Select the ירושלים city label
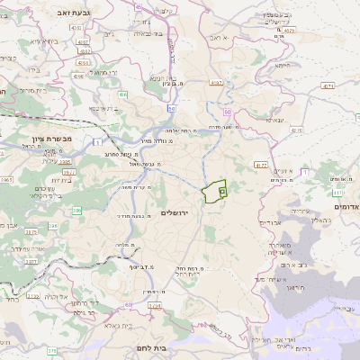pos(176,211)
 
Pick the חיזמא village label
pos(283,65)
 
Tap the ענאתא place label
pos(275,119)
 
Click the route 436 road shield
pos(121,94)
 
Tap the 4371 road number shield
pos(328,86)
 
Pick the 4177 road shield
pos(261,166)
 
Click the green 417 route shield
pos(337,192)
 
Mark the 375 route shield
pos(50,350)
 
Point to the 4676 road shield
pos(154,306)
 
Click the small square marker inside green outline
pos(221,191)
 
